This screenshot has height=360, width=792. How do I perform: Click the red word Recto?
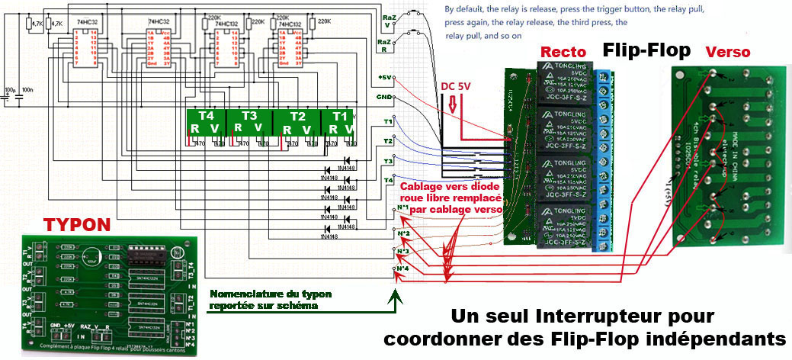pos(563,52)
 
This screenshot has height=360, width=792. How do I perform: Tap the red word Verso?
pos(727,52)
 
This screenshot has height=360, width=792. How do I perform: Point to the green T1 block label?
pos(339,116)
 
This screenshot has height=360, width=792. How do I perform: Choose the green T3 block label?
pos(249,116)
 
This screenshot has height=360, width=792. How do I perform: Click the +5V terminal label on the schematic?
pos(384,78)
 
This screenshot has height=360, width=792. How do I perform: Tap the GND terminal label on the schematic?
pos(384,98)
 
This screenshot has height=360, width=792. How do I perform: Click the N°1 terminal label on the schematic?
pos(404,207)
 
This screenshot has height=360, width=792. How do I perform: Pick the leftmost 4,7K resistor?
pos(30,24)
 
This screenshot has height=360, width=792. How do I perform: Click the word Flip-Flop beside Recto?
pos(646,50)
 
